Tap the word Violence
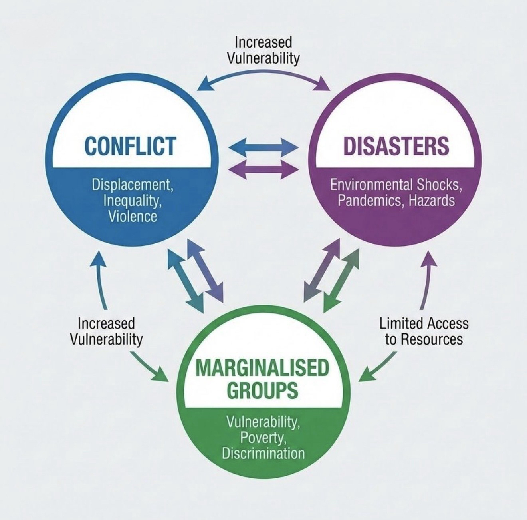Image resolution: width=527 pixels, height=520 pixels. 133,216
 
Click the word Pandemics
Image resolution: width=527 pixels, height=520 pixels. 366,200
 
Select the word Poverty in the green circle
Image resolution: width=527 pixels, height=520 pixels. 263,438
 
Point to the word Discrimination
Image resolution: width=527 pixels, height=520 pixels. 263,454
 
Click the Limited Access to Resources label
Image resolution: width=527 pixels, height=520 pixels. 424,331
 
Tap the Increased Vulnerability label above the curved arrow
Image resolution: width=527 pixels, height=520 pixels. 263,50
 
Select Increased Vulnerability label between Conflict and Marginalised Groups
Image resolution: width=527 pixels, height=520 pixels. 106,331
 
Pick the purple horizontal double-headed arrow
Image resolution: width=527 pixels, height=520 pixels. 264,169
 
